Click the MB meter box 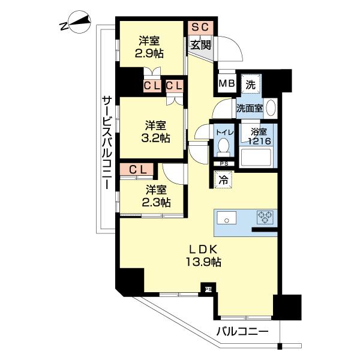click(226, 83)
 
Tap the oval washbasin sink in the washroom click(270, 108)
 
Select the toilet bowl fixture click(223, 145)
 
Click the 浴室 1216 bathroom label click(259, 136)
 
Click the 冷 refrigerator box click(223, 179)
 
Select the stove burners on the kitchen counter click(265, 217)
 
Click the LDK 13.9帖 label click(199, 255)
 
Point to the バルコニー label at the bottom click(239, 331)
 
